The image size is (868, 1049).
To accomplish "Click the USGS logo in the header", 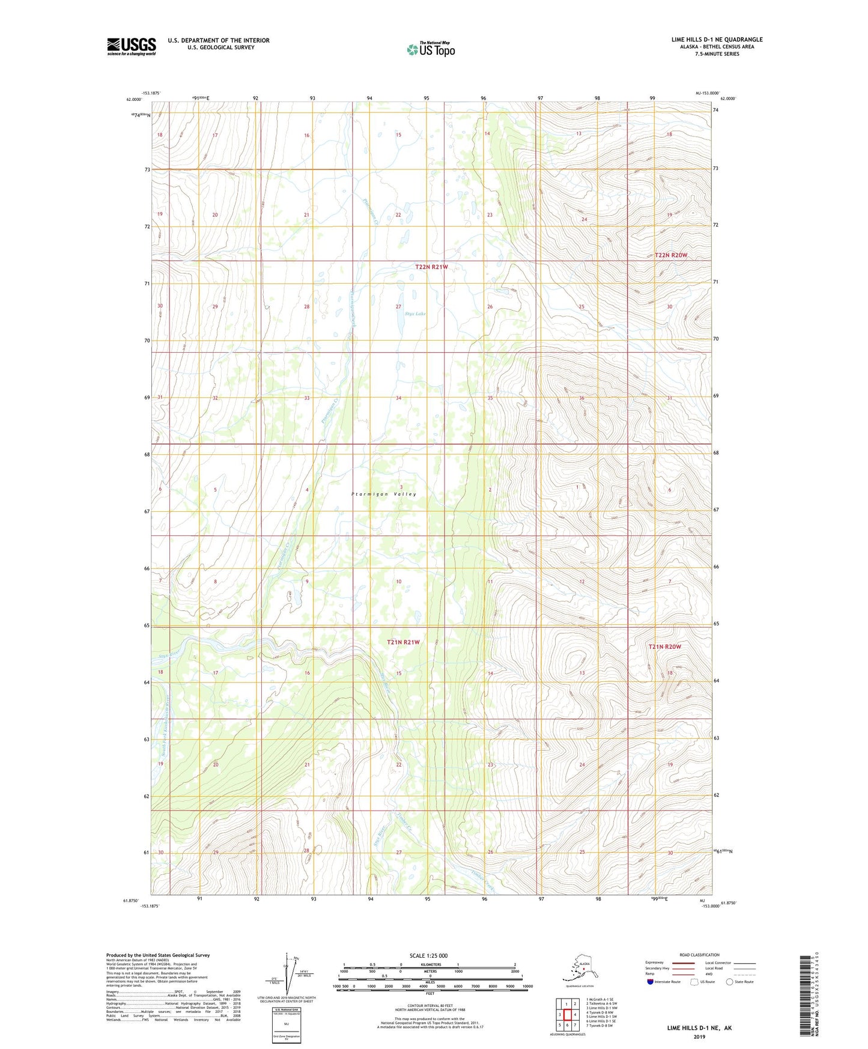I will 131,46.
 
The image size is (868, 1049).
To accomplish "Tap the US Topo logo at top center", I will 430,49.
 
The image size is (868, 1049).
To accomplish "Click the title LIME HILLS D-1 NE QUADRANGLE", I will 717,40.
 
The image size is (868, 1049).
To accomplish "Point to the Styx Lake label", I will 415,314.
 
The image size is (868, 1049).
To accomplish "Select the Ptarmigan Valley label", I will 384,494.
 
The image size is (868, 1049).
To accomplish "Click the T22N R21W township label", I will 431,267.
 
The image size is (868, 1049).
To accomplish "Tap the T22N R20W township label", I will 670,255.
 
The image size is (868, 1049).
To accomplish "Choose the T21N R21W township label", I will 403,642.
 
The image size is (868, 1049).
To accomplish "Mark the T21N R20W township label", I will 664,646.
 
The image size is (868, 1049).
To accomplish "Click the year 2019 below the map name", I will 699,1036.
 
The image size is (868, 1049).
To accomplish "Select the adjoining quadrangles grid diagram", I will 566,1016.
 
